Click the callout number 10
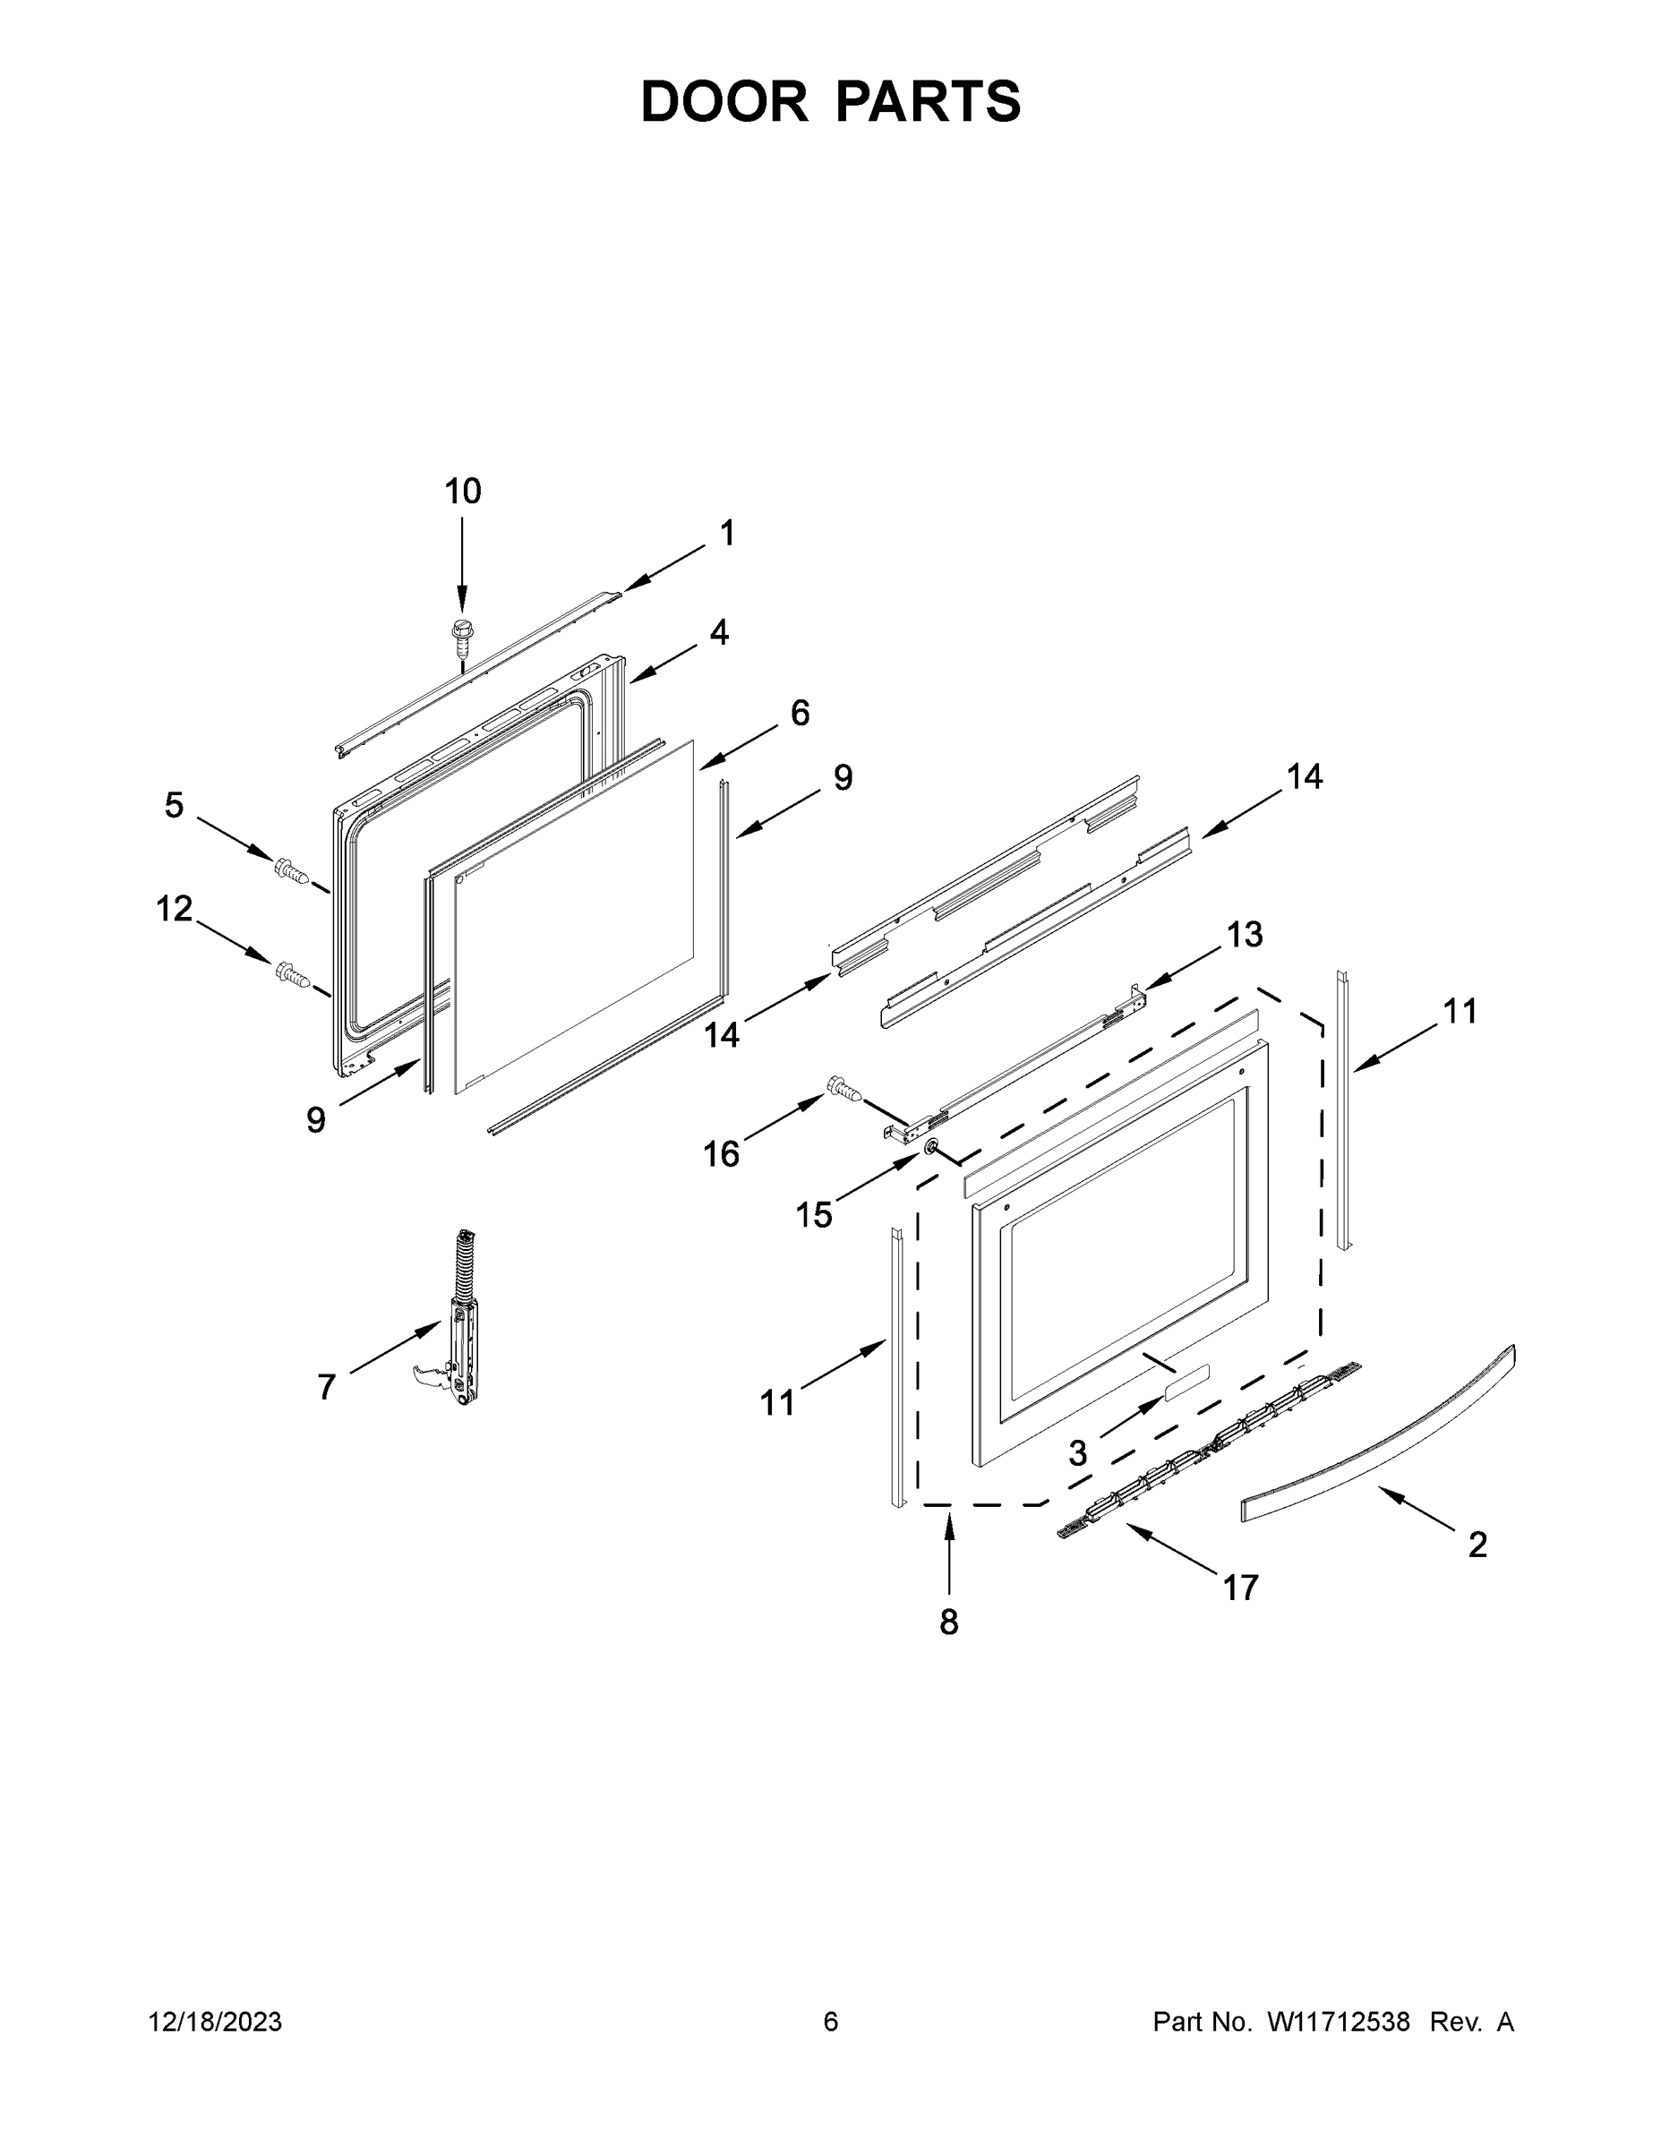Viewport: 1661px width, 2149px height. coord(462,491)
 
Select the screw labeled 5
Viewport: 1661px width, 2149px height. coord(291,869)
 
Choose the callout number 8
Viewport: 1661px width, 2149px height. coord(948,1622)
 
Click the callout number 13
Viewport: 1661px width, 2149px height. coord(1245,934)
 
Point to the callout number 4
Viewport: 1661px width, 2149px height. coord(719,631)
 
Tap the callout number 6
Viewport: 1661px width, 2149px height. coord(800,713)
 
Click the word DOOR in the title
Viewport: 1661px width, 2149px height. coord(724,101)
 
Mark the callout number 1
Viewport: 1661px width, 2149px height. coord(727,534)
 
